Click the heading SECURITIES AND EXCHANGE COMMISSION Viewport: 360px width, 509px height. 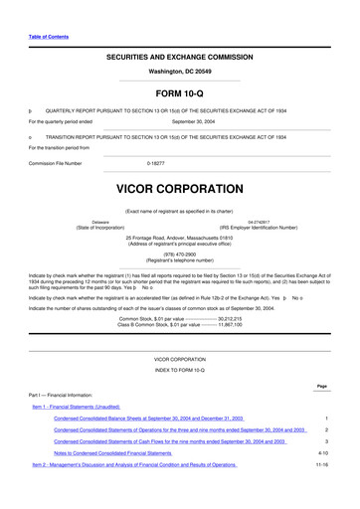tap(179, 58)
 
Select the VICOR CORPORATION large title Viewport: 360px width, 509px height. tap(179, 186)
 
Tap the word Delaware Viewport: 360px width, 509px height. tap(100, 223)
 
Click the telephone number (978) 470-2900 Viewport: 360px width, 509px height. tap(179, 253)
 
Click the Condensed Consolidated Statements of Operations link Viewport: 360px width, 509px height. tap(179, 429)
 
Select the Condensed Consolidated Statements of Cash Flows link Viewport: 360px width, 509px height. tap(169, 440)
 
